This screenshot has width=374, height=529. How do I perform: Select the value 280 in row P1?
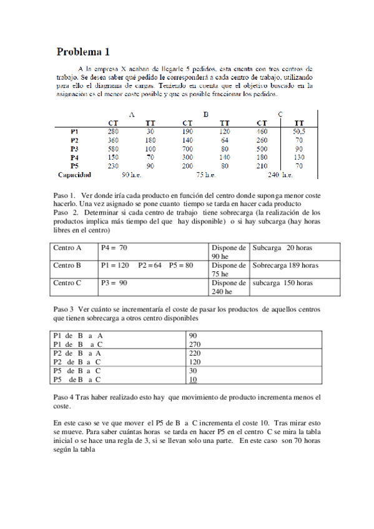112,132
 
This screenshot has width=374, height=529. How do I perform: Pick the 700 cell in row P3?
187,150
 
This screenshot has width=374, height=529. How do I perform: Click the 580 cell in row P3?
112,150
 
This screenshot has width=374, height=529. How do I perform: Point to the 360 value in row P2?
112,141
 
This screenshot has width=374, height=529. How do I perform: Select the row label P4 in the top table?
74,158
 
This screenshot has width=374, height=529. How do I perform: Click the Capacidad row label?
74,175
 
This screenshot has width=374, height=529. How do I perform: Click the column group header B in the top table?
205,114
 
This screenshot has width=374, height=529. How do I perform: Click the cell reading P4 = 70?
114,248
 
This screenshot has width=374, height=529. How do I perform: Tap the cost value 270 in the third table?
194,344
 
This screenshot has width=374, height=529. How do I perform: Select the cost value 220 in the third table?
194,352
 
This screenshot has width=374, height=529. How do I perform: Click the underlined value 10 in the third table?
193,379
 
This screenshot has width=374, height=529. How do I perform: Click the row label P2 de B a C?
77,361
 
